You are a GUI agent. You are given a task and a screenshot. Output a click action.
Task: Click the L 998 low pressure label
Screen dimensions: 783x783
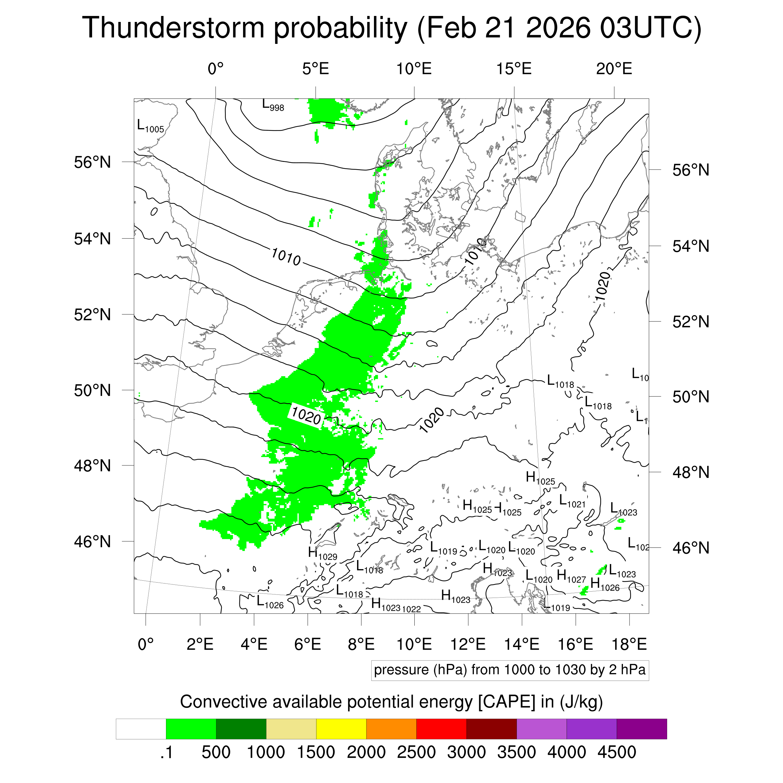273,105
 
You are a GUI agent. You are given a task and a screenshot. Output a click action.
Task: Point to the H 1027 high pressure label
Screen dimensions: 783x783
571,576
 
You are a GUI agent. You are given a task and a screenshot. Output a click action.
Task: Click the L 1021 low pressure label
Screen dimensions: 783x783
572,501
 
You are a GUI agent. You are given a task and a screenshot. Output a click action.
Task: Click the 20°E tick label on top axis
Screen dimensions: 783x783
614,69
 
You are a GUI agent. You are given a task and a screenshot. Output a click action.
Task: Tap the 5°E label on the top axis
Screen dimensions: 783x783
315,69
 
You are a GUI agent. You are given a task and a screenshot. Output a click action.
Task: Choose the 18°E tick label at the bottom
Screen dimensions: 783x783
629,644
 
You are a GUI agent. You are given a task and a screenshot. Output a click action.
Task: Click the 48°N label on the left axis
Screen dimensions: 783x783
92,466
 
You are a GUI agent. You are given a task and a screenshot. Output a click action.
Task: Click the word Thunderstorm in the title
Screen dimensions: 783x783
174,29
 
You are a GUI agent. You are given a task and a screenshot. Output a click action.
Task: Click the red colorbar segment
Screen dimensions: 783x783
441,729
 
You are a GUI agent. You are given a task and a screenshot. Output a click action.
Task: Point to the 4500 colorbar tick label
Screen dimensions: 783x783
616,752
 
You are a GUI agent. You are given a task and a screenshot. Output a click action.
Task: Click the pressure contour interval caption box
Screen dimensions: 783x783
510,670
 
